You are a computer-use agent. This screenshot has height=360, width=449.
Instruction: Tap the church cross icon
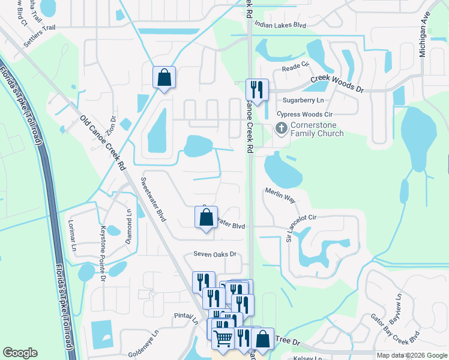[x=280, y=128]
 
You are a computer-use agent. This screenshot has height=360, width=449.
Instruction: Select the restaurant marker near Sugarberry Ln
[x=256, y=90]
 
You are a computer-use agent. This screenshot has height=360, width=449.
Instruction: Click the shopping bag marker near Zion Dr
[x=164, y=77]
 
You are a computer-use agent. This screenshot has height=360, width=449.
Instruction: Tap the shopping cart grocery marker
[x=223, y=339]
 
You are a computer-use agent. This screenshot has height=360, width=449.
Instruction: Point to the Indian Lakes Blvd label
[x=280, y=25]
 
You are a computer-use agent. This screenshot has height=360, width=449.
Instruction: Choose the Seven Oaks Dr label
[x=214, y=254]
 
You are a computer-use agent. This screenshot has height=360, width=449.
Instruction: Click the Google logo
[x=20, y=353]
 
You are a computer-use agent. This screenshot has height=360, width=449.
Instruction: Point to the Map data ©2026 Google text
[x=411, y=355]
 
